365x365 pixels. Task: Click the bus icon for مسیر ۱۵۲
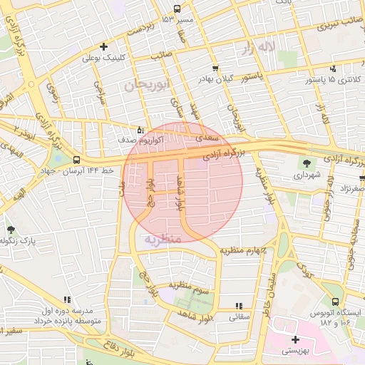pyautogui.click(x=177, y=9)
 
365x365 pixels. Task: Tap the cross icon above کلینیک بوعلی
pyautogui.click(x=103, y=46)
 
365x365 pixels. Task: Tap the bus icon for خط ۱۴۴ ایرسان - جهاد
pyautogui.click(x=76, y=160)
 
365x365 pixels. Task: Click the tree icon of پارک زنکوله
pyautogui.click(x=11, y=230)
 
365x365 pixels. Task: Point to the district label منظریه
pyautogui.click(x=163, y=239)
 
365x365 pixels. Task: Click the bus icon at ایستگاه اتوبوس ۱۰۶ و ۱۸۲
pyautogui.click(x=335, y=302)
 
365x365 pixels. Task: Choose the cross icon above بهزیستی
pyautogui.click(x=295, y=339)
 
